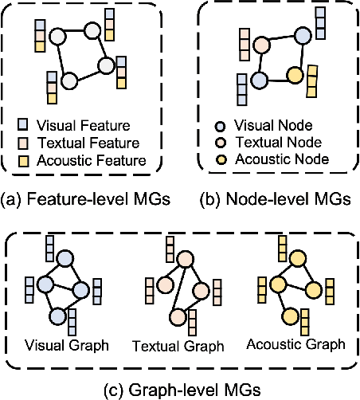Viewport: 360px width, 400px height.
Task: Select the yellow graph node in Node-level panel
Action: click(295, 76)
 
